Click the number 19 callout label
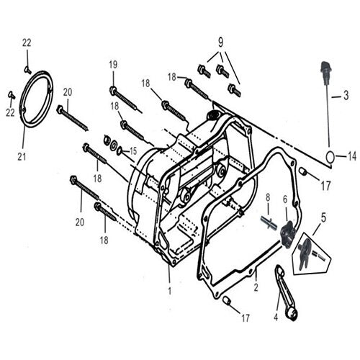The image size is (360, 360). click(x=113, y=64)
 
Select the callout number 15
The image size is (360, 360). click(x=133, y=150)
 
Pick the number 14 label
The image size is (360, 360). click(x=351, y=156)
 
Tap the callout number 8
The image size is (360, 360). click(x=267, y=197)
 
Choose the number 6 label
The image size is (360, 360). click(x=285, y=199)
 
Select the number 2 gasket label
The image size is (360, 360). click(x=255, y=287)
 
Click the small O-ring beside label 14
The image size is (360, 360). click(x=330, y=156)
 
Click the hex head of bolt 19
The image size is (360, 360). click(x=114, y=90)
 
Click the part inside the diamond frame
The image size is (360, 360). click(x=306, y=248)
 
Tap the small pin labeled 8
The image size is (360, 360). click(x=268, y=222)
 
